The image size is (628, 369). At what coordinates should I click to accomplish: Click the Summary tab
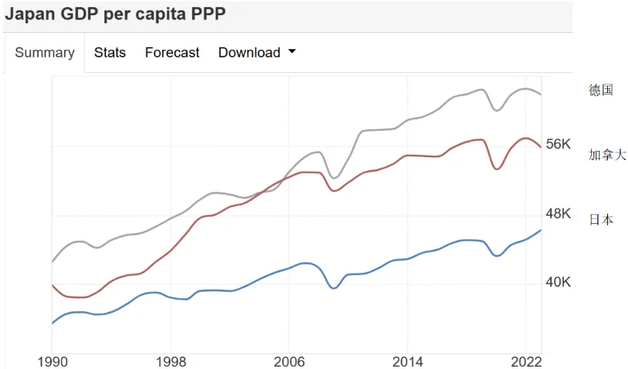[x=44, y=53]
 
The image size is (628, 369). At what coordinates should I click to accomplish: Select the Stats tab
[x=110, y=53]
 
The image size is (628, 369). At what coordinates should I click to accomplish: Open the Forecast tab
[x=172, y=53]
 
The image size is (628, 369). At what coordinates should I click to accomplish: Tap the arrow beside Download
[x=292, y=52]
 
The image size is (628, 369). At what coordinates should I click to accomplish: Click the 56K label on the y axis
[x=557, y=144]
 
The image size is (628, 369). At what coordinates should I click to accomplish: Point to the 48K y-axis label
[x=557, y=213]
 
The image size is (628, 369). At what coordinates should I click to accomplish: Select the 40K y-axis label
[x=557, y=282]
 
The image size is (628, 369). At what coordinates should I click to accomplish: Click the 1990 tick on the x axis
[x=52, y=361]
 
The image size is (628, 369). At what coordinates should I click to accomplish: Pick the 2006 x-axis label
[x=289, y=361]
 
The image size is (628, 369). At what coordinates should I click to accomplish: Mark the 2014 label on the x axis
[x=408, y=361]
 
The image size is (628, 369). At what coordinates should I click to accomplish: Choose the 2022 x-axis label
[x=526, y=361]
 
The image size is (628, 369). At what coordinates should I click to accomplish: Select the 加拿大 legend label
[x=607, y=155]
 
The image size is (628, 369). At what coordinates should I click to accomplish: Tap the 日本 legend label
[x=601, y=220]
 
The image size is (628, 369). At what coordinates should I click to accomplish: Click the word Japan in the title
[x=30, y=14]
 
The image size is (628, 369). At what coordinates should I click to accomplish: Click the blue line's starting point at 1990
[x=52, y=323]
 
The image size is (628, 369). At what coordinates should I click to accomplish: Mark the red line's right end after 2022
[x=541, y=148]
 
